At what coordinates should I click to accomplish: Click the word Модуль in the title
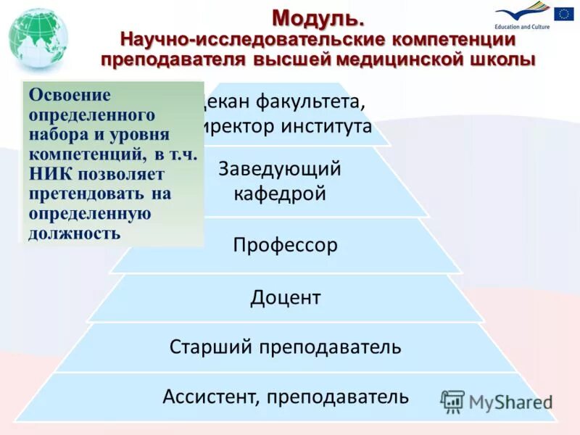pyautogui.click(x=313, y=17)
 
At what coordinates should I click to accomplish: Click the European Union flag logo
pyautogui.click(x=563, y=14)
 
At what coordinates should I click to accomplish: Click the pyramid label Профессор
pyautogui.click(x=285, y=245)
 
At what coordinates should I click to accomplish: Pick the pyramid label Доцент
pyautogui.click(x=286, y=297)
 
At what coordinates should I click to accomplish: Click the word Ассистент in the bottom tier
pyautogui.click(x=210, y=397)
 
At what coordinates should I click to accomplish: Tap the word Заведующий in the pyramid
pyautogui.click(x=280, y=169)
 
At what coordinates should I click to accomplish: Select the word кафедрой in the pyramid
pyautogui.click(x=279, y=194)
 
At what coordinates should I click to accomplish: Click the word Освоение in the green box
pyautogui.click(x=70, y=96)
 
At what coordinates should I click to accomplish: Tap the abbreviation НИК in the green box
pyautogui.click(x=49, y=174)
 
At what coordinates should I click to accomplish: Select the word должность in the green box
pyautogui.click(x=75, y=233)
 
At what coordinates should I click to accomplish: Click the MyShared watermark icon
pyautogui.click(x=453, y=401)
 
